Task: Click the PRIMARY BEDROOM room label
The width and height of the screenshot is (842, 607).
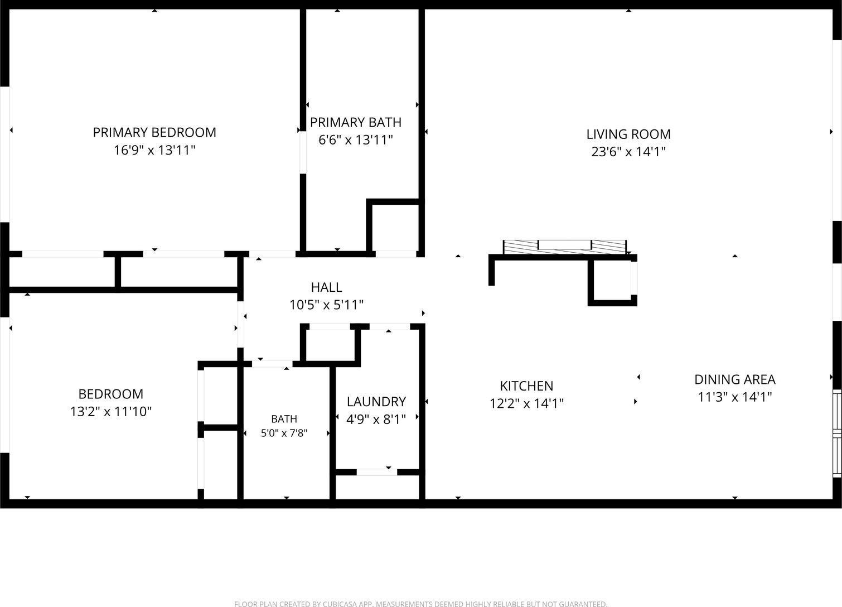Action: click(154, 132)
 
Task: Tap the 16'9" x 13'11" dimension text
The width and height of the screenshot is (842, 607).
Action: click(154, 150)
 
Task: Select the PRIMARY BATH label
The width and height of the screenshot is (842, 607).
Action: click(356, 122)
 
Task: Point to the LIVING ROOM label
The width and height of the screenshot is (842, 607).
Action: click(628, 134)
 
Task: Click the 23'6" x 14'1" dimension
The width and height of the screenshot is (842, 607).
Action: click(628, 152)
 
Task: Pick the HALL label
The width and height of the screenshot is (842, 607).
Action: click(326, 287)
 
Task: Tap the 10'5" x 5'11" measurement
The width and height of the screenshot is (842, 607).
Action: click(326, 305)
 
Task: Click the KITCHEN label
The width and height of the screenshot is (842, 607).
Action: click(526, 386)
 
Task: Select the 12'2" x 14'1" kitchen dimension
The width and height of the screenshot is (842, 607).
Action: click(526, 403)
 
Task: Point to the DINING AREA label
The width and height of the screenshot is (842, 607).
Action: click(735, 379)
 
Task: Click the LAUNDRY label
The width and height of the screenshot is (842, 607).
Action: click(376, 402)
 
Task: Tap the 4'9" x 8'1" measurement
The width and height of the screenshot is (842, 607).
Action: click(376, 419)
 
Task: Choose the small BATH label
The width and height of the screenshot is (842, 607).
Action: click(284, 419)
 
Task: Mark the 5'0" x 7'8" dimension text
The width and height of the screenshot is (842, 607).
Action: click(284, 433)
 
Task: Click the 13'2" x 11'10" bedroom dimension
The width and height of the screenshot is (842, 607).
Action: click(111, 411)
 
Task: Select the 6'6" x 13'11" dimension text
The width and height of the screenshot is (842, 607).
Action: click(356, 140)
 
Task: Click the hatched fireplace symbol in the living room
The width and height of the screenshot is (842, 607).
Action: click(565, 247)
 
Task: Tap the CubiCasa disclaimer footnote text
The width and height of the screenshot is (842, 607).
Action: click(420, 604)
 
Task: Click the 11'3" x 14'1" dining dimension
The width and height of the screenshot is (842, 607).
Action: click(735, 397)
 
